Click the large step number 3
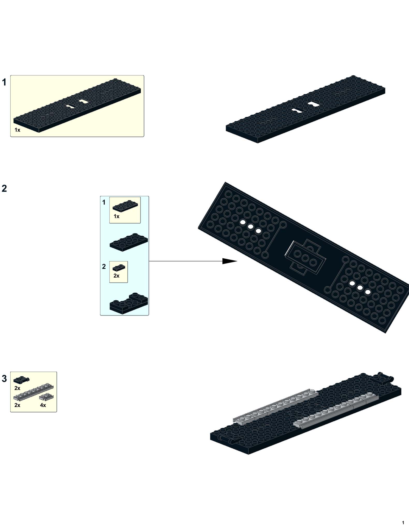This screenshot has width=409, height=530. pyautogui.click(x=4, y=378)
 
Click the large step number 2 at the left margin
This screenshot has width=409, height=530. pyautogui.click(x=4, y=188)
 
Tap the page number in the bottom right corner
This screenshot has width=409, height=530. pyautogui.click(x=403, y=522)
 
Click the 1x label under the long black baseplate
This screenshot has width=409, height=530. pyautogui.click(x=17, y=130)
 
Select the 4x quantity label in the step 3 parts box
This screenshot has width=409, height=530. pyautogui.click(x=43, y=405)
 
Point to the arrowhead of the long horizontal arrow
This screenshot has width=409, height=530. pyautogui.click(x=230, y=261)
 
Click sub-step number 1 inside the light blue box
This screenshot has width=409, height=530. pyautogui.click(x=104, y=202)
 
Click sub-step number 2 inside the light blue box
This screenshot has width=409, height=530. pyautogui.click(x=104, y=266)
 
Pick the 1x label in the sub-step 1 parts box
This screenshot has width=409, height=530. pyautogui.click(x=116, y=216)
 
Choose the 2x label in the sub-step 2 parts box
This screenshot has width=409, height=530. pyautogui.click(x=116, y=276)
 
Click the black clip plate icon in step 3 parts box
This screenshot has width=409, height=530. pyautogui.click(x=21, y=380)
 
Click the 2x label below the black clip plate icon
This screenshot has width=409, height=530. pyautogui.click(x=17, y=388)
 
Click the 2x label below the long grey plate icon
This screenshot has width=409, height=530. pyautogui.click(x=17, y=405)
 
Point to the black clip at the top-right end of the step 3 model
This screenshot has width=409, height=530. pyautogui.click(x=385, y=378)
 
